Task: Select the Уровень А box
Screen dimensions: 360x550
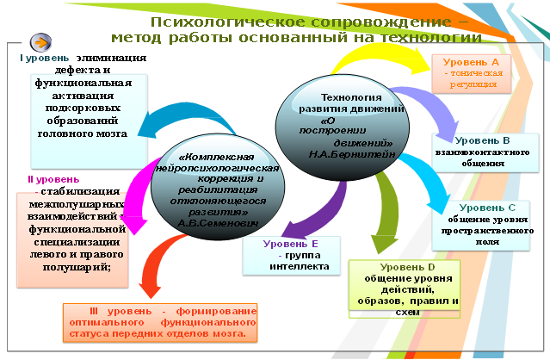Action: coord(470,74)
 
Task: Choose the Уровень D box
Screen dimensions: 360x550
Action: coord(402,287)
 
